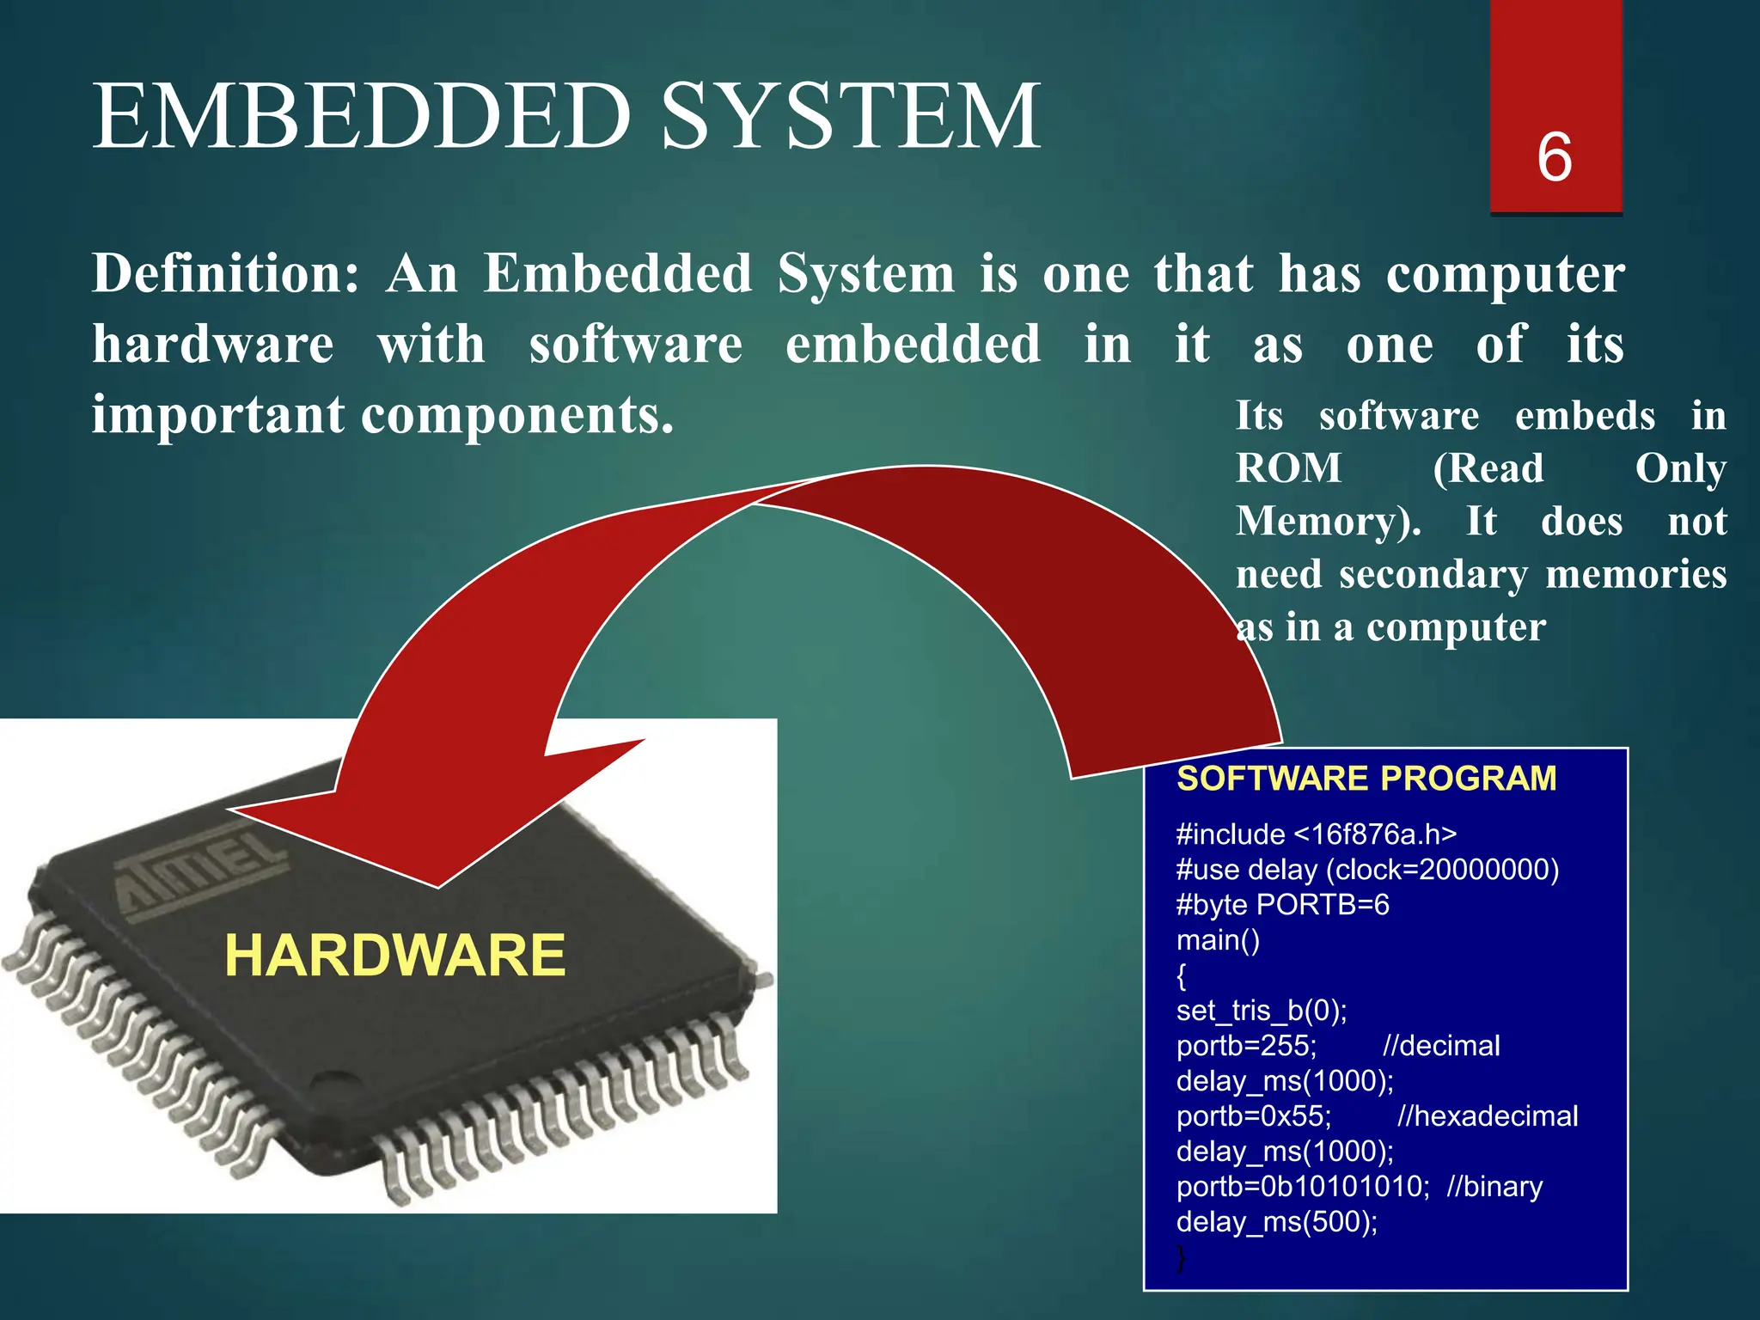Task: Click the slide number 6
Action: tap(1554, 157)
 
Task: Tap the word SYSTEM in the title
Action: tap(851, 116)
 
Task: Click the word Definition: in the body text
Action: tap(225, 274)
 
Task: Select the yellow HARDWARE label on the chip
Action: tap(394, 956)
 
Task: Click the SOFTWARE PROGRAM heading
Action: tap(1366, 779)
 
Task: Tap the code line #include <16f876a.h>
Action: tap(1316, 834)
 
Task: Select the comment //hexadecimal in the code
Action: tap(1487, 1116)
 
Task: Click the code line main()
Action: tap(1218, 940)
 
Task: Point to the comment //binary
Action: tap(1494, 1187)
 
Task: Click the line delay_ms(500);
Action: tap(1276, 1222)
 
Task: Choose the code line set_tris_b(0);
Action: tap(1261, 1011)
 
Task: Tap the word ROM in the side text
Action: tap(1288, 469)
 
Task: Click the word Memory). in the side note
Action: tap(1328, 522)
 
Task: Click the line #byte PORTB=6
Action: tap(1281, 905)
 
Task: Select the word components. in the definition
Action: tap(517, 416)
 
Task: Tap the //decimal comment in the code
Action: tap(1441, 1046)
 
